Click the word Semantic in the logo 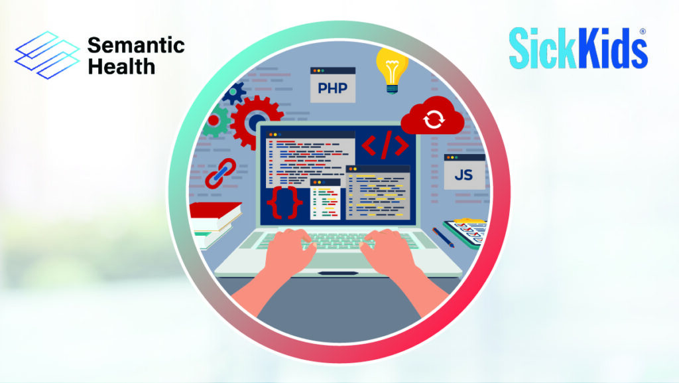tap(136, 45)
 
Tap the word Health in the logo tap(121, 66)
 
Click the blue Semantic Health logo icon tap(47, 55)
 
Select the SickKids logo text tap(578, 48)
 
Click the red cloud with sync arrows tap(432, 116)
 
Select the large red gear tap(256, 122)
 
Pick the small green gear tap(216, 121)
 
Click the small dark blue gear tap(234, 93)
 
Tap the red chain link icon tap(220, 173)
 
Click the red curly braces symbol tap(284, 202)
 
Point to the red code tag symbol tap(385, 145)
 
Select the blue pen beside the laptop tap(443, 238)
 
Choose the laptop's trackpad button tap(338, 273)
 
